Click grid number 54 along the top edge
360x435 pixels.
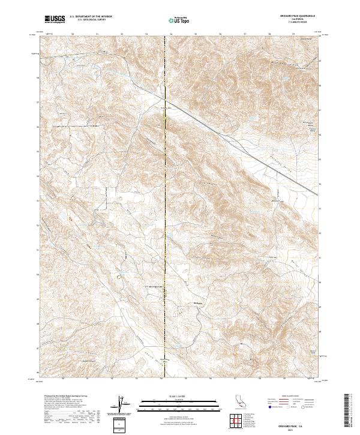click(171, 34)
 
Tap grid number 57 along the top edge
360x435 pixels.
click(245, 34)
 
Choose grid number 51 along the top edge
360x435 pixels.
click(97, 34)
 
